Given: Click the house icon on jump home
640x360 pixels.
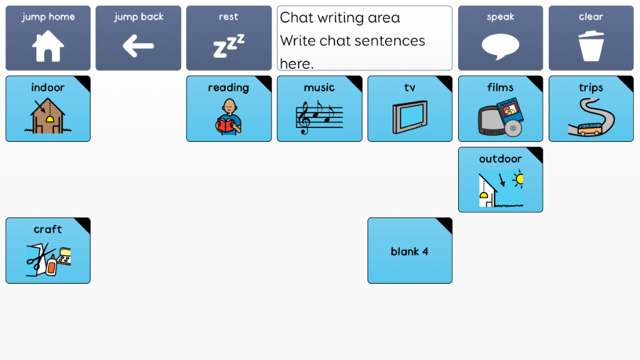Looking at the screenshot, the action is click(x=48, y=46).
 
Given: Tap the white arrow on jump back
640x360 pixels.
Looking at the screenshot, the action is click(x=138, y=46).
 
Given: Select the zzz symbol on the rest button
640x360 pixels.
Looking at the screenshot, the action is click(x=229, y=46).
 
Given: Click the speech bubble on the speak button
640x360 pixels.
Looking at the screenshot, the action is click(x=501, y=46).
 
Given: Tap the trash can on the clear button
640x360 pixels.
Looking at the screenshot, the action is click(x=591, y=46).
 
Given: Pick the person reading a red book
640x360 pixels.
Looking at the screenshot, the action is click(x=229, y=117).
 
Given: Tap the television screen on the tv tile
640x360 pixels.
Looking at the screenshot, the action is click(x=410, y=117).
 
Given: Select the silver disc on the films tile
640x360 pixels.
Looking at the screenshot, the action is click(x=513, y=128).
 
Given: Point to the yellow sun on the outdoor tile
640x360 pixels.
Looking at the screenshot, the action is click(x=519, y=179).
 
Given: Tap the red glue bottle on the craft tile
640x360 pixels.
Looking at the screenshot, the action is click(x=51, y=264).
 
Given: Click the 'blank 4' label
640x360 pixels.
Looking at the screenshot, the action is click(x=409, y=251).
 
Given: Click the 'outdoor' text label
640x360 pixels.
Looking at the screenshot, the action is click(x=501, y=159).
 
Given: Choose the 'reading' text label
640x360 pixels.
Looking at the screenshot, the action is click(x=229, y=87).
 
